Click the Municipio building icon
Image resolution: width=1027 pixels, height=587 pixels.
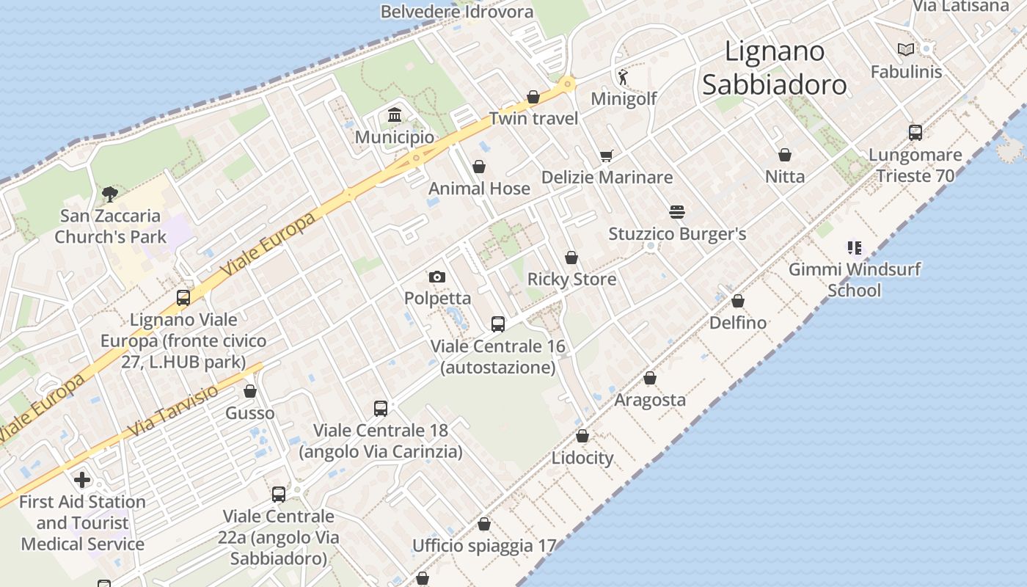point(395,115)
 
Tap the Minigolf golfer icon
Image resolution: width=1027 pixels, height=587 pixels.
point(623,76)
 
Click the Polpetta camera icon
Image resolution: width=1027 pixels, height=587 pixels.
point(437,277)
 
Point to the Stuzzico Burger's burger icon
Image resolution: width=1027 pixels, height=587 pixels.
point(677,212)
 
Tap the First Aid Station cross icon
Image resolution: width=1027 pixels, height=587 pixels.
point(82,480)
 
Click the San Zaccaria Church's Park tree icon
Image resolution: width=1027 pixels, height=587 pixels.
point(110,194)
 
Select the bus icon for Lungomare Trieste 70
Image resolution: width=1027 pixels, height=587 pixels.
point(915,133)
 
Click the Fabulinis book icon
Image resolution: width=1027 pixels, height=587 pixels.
point(906,49)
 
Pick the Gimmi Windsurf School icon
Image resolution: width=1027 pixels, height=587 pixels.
point(854,248)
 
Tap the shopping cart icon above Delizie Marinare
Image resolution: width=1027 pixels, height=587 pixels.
point(606,156)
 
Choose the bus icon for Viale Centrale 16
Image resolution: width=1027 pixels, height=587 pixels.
point(498,324)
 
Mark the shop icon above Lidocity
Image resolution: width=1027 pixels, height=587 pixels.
point(582,437)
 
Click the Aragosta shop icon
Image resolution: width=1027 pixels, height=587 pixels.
point(650,379)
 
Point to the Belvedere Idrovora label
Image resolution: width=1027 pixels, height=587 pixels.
point(456,12)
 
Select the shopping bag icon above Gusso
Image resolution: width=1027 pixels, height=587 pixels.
point(250,392)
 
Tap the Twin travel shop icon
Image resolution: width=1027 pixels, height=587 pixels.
point(533,98)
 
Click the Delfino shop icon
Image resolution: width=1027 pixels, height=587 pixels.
point(738,302)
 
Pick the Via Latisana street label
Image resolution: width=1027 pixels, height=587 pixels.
point(960,6)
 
